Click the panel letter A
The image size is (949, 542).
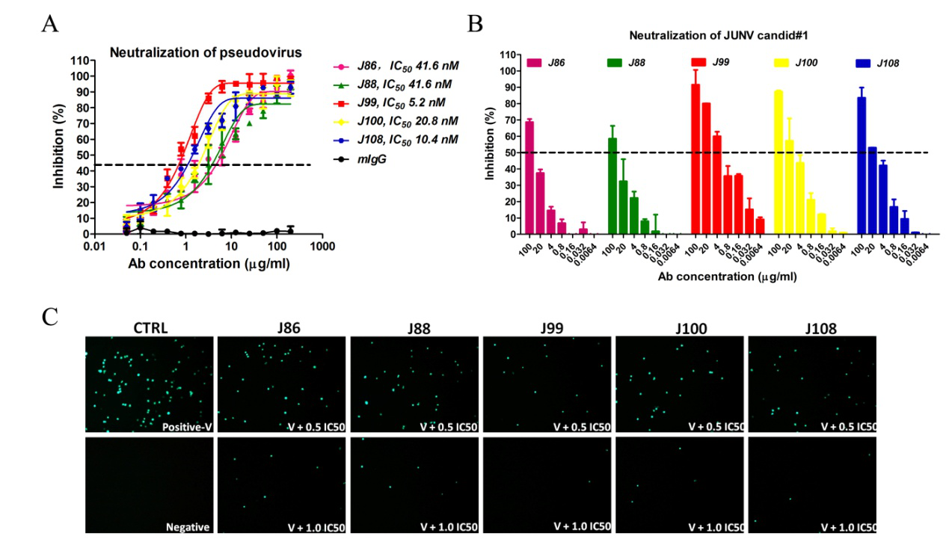[x=51, y=24]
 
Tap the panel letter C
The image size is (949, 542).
[x=50, y=316]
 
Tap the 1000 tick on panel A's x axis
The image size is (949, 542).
[x=322, y=246]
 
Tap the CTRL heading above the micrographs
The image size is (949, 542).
[x=150, y=328]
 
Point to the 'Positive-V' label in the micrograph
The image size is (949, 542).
[x=186, y=427]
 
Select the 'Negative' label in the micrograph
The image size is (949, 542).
[x=188, y=526]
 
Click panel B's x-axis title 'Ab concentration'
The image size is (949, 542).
[x=718, y=277]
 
